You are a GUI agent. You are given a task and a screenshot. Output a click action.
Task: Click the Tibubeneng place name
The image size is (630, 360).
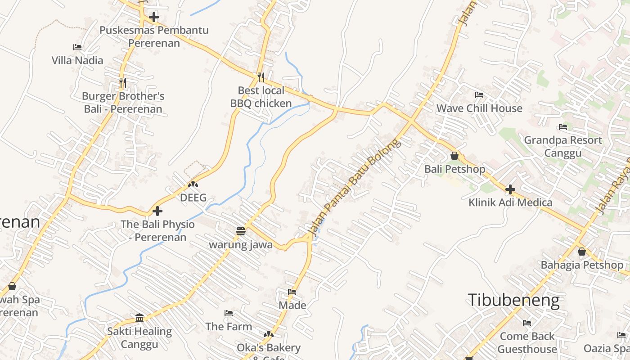514,300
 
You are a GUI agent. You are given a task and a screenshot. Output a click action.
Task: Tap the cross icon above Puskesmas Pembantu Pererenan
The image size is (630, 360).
154,18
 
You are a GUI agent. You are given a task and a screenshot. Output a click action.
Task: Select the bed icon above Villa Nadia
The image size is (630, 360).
77,47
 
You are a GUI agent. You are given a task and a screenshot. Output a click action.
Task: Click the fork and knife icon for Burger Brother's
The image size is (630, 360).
122,83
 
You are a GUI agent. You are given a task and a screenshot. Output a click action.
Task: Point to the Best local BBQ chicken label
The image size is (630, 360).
261,97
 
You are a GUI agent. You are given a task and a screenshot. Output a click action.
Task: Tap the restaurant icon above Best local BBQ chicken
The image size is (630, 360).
261,77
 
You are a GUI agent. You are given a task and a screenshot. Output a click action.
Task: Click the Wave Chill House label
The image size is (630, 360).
479,108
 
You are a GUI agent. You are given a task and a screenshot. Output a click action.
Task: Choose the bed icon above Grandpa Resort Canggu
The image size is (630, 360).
562,127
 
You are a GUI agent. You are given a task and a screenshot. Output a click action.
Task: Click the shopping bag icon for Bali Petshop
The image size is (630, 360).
454,156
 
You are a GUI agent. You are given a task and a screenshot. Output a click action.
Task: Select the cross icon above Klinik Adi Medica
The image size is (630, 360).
510,189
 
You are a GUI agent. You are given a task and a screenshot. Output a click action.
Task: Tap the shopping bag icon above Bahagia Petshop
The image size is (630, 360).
582,252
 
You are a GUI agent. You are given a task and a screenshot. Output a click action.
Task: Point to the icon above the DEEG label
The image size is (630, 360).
193,184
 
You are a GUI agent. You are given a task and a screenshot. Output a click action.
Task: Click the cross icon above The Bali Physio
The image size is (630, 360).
157,211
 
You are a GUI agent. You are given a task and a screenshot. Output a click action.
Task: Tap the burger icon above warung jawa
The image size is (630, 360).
241,231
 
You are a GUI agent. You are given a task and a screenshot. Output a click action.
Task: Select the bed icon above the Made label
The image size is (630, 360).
292,292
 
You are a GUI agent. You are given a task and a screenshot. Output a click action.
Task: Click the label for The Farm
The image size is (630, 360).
229,326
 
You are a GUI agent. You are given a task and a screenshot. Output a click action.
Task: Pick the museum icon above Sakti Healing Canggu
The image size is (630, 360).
139,318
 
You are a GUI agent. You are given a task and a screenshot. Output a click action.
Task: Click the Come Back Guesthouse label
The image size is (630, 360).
527,342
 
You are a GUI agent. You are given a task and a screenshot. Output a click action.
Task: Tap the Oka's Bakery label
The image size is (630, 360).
269,348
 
